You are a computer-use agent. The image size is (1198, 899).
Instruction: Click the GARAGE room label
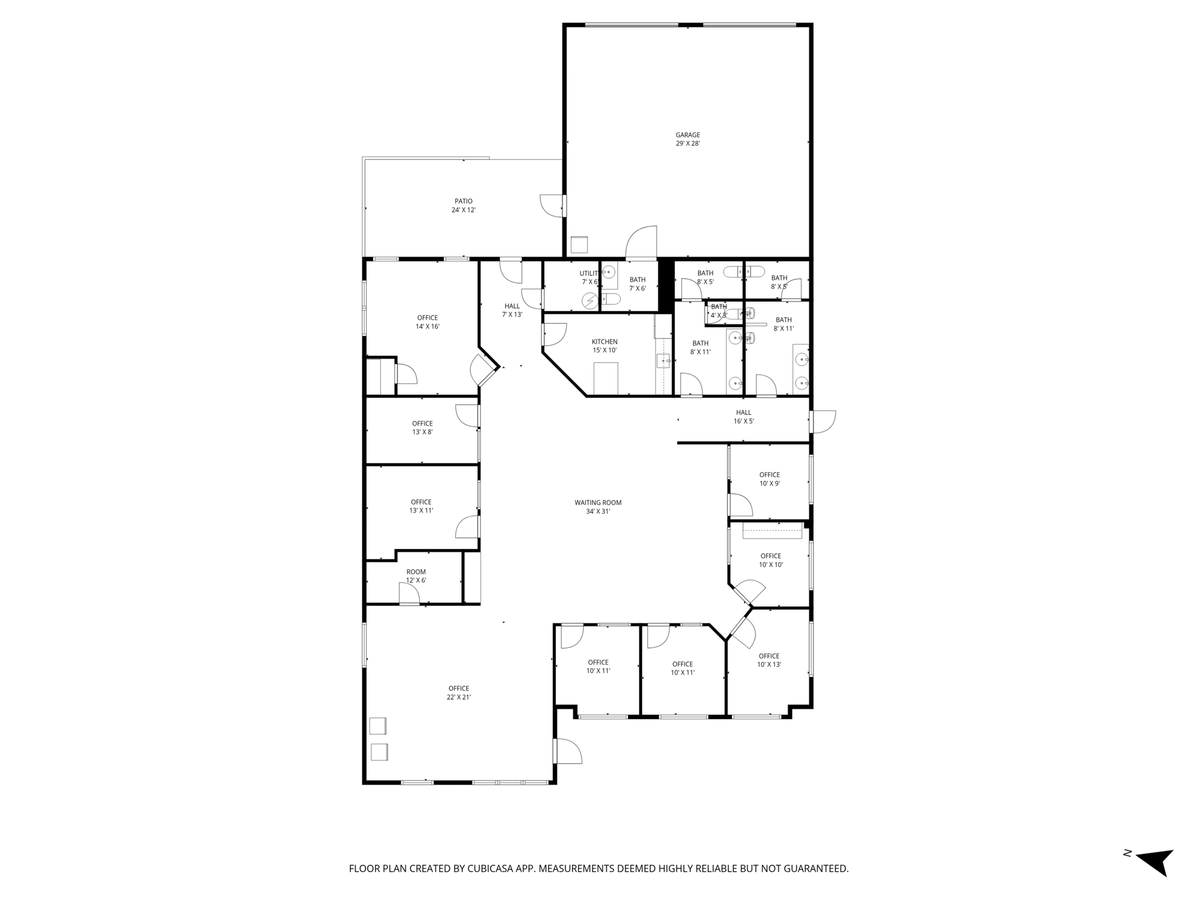coord(688,139)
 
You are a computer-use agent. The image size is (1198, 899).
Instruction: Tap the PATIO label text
coord(464,206)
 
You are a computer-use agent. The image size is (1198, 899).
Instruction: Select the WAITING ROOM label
coord(598,507)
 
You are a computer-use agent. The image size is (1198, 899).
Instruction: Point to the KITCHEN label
coord(604,346)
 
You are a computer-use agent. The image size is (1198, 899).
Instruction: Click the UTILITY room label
coord(589,277)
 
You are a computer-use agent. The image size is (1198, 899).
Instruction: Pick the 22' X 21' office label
coord(459,693)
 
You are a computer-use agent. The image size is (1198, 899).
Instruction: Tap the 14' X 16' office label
coord(428,322)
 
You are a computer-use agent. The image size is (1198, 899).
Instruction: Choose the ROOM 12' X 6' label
coord(416,576)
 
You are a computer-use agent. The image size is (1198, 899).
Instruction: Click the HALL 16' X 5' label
coord(743,417)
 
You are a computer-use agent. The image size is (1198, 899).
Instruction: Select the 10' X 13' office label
coord(769,660)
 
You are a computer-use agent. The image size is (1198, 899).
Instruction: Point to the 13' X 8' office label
coord(422,427)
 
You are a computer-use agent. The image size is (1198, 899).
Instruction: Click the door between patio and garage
coord(552,206)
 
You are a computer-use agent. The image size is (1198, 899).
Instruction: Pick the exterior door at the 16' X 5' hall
coord(822,421)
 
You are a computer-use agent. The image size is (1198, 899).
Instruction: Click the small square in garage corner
coord(579,245)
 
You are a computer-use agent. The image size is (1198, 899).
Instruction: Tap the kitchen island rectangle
coord(606,378)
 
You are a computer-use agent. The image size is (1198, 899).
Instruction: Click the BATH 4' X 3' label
coord(719,310)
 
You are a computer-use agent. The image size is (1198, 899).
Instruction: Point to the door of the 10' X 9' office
coord(740,505)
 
